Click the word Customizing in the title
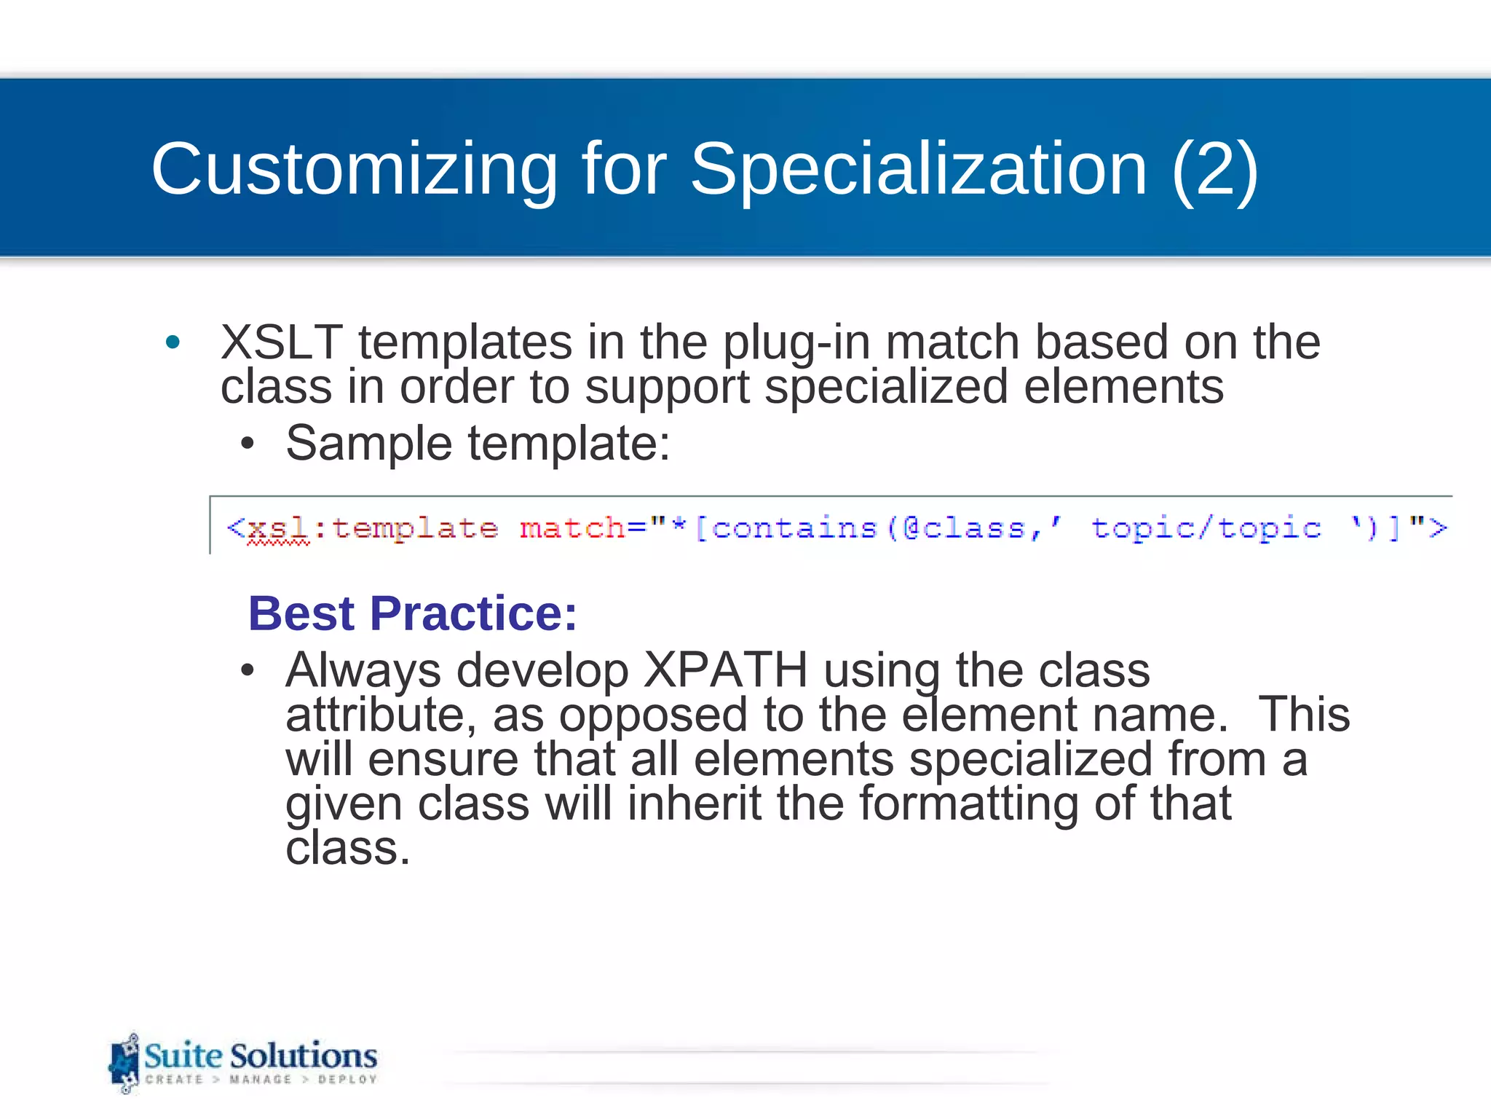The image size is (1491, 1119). click(353, 170)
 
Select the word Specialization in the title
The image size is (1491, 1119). click(919, 170)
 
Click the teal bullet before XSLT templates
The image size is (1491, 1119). click(173, 342)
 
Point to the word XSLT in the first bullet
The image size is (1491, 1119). click(281, 342)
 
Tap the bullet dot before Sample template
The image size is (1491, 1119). click(248, 443)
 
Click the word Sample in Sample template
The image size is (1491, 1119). click(368, 443)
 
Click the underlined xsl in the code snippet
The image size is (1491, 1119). click(277, 528)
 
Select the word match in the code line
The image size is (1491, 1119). click(572, 527)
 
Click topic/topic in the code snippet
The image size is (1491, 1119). click(1206, 527)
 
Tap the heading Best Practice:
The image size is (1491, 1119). click(412, 613)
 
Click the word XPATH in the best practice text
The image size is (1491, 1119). click(725, 670)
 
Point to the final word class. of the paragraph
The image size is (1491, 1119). click(348, 849)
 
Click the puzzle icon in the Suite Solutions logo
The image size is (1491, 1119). click(124, 1063)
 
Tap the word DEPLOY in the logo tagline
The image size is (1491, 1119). click(347, 1079)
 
